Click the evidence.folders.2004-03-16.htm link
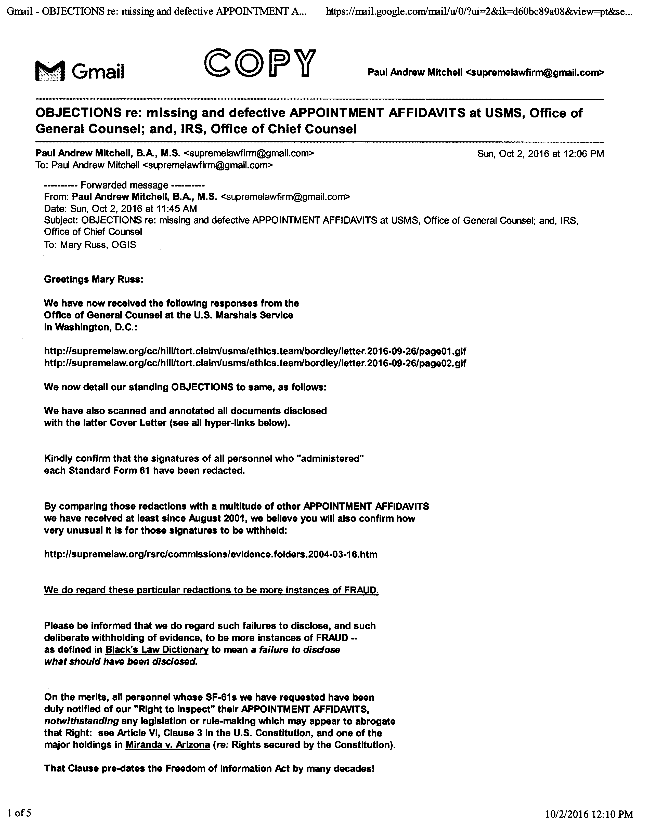pos(211,554)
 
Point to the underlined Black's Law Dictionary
pos(157,650)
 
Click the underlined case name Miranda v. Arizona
pos(167,745)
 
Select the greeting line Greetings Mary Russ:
pos(94,279)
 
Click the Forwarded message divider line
pos(124,185)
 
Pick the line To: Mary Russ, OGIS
pos(90,245)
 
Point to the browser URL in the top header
pos(479,12)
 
